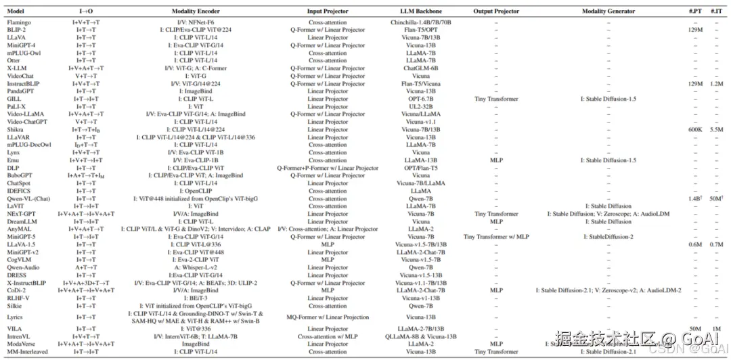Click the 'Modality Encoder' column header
(x=201, y=12)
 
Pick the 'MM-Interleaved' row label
(x=28, y=352)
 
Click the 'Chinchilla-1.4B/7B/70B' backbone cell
(x=420, y=22)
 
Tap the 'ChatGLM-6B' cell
(x=420, y=68)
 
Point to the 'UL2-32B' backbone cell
(x=420, y=106)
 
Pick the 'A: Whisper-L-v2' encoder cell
(x=201, y=267)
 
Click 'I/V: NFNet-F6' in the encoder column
(x=201, y=22)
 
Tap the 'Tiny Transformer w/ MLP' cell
(x=496, y=237)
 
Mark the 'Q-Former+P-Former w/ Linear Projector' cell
(x=328, y=168)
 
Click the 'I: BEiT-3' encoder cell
(x=201, y=298)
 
